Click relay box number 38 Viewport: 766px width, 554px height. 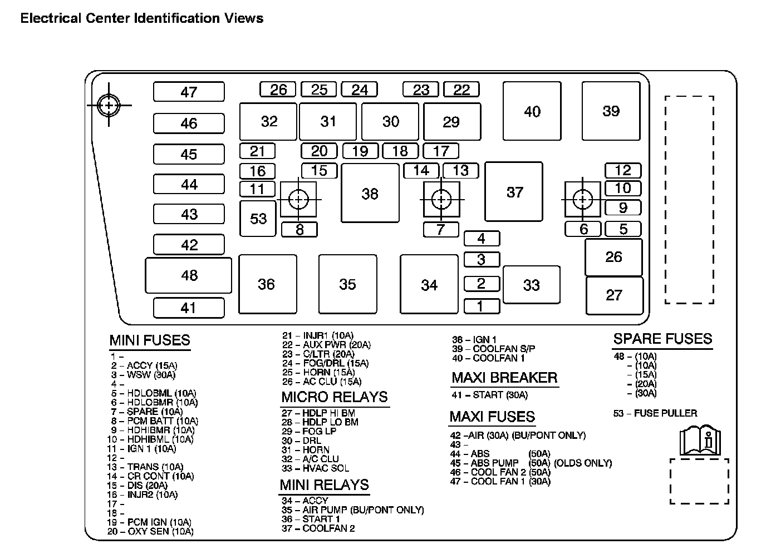(x=370, y=193)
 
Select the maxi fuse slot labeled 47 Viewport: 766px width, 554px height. (x=189, y=92)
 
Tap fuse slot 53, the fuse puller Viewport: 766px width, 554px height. (x=258, y=219)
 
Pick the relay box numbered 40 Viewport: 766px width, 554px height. (x=532, y=111)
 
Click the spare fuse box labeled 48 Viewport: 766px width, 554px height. (x=189, y=275)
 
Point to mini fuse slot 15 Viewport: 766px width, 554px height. (x=319, y=170)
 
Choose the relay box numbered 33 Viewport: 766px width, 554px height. (x=531, y=285)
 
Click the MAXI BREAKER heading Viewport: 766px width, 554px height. (x=504, y=378)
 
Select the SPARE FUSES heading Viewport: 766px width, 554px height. (x=662, y=339)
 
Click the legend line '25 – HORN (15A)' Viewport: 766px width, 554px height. (x=318, y=373)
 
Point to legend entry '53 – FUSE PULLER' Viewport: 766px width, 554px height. (x=655, y=413)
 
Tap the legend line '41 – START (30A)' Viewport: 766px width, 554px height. (x=489, y=395)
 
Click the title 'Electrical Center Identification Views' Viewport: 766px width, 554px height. (x=142, y=18)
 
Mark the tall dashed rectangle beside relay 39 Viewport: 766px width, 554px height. (x=689, y=200)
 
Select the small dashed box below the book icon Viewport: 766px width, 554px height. (x=699, y=481)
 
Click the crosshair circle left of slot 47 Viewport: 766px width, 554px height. (x=109, y=105)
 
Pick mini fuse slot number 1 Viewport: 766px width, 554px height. (x=481, y=305)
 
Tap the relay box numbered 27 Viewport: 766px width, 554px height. (x=614, y=295)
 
